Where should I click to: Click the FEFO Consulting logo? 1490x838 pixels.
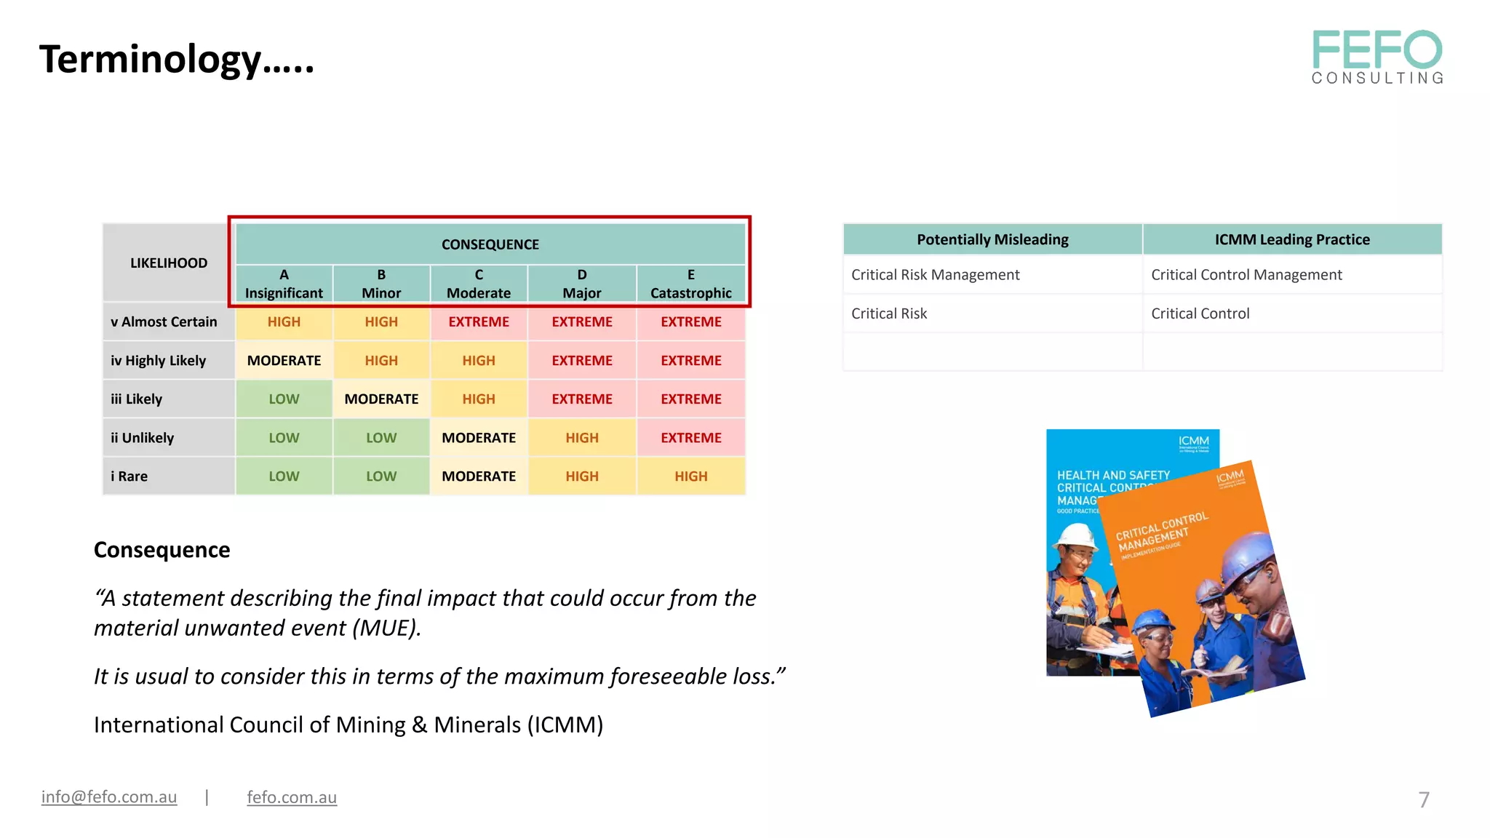coord(1377,57)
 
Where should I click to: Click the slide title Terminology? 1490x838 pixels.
coord(176,60)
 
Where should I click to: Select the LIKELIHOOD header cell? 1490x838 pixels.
coord(168,263)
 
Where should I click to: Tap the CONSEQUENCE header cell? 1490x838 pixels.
coord(490,244)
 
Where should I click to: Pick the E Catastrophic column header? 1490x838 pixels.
coord(690,284)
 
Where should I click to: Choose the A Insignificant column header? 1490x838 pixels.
coord(284,284)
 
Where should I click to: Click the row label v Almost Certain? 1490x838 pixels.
coord(164,322)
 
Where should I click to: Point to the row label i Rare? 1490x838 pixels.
coord(130,476)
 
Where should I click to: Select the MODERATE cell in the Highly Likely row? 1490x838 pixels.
coord(284,361)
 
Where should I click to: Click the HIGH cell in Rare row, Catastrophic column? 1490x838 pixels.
coord(690,476)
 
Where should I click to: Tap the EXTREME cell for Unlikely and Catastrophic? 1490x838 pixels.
coord(690,438)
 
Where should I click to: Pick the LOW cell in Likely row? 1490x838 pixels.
coord(284,399)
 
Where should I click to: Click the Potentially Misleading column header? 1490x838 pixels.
coord(992,239)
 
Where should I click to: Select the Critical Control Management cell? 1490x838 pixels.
coord(1246,275)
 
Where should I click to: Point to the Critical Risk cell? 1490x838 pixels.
coord(889,314)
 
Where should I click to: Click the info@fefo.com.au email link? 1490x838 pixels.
coord(109,797)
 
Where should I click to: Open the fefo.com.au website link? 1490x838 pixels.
coord(292,797)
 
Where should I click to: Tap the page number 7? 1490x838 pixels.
coord(1424,799)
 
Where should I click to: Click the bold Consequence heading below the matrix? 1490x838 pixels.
coord(162,550)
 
